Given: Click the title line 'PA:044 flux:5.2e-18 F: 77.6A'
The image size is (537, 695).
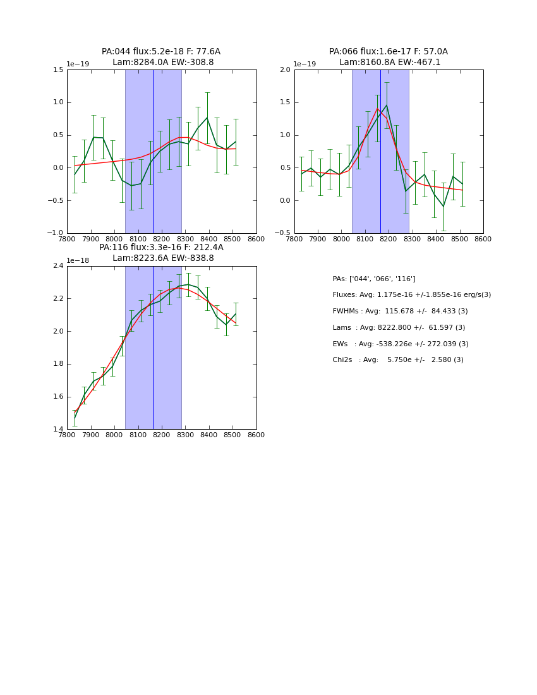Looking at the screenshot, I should pos(161,52).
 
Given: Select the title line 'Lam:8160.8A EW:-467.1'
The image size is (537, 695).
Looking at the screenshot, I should pos(390,63).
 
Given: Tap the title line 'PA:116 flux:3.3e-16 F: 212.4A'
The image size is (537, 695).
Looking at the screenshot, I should pos(161,248).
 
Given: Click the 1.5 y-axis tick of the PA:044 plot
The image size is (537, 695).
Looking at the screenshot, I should pos(57,69).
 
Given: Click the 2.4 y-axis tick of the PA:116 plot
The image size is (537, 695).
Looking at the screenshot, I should pos(57,266).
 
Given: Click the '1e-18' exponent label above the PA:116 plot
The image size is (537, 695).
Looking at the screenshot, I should pos(78,260).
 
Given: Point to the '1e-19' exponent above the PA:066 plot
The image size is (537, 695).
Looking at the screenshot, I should pos(305,64).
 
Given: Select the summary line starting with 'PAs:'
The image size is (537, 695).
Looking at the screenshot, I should pos(374,279).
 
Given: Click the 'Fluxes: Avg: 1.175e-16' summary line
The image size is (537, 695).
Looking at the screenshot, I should pos(411,295).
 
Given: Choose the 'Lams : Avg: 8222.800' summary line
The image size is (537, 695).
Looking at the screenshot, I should pos(399,328).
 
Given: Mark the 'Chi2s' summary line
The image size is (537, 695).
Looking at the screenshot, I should pos(398,360).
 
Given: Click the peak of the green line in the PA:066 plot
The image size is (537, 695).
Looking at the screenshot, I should pos(386,105).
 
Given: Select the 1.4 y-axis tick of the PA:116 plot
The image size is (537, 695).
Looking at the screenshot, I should pos(57,430).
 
